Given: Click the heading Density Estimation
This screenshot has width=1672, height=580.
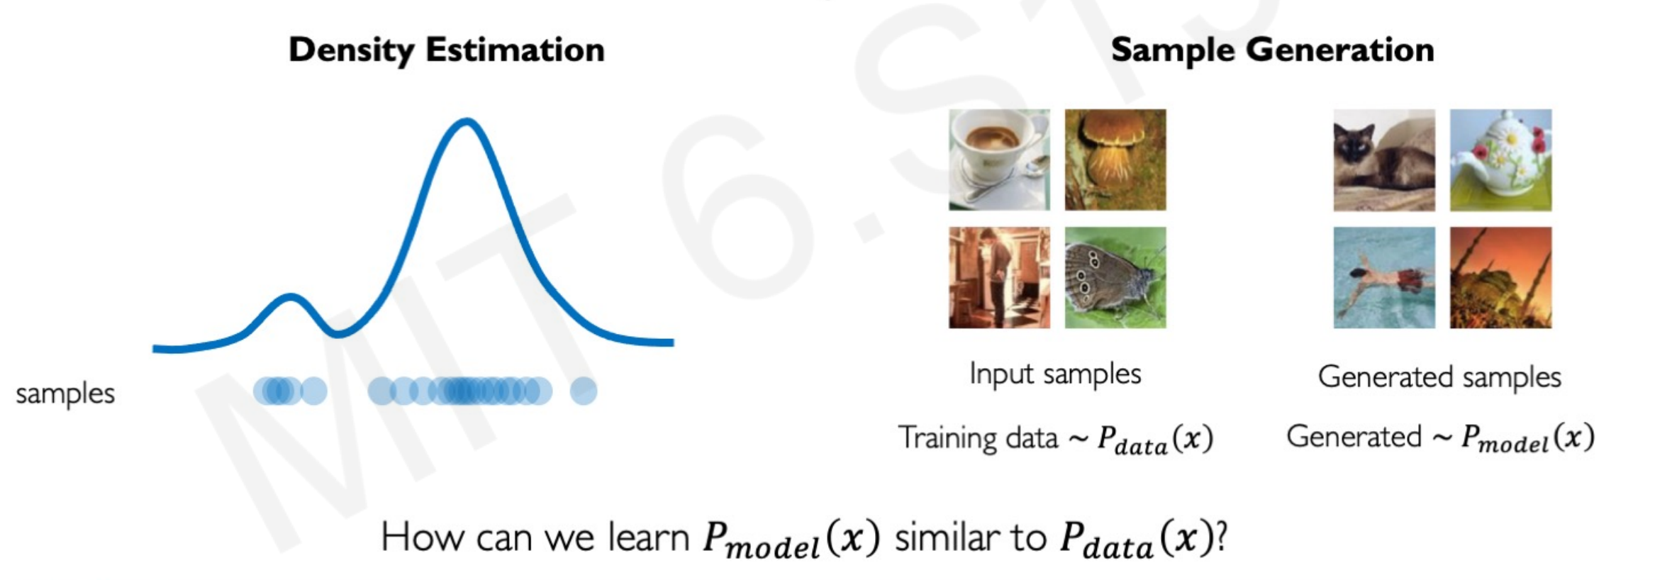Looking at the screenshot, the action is (447, 50).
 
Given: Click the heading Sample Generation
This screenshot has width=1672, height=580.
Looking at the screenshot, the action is (1272, 50).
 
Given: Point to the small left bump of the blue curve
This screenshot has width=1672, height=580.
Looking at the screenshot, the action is (289, 297).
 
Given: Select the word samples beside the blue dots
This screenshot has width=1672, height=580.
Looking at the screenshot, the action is (65, 394).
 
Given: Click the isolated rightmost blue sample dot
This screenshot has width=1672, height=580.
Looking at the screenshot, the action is (584, 391).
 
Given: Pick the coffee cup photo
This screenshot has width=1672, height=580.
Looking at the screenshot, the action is (999, 160).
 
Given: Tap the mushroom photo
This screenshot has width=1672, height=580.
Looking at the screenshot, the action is (1115, 160).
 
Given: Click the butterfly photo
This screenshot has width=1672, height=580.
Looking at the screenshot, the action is (1115, 277).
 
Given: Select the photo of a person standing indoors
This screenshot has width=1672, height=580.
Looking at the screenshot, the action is (999, 277).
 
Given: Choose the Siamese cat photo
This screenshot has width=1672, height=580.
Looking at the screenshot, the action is (1384, 160).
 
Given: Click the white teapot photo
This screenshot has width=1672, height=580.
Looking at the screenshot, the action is (1500, 160).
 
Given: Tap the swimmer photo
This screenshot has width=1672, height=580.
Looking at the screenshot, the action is (1384, 277).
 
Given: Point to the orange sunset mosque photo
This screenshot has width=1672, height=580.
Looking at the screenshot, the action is (1500, 277).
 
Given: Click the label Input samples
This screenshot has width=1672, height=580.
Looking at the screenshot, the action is (1055, 374).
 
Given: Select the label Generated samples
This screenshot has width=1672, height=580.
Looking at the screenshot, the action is (1439, 377).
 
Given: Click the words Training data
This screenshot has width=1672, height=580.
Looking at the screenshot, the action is (979, 437).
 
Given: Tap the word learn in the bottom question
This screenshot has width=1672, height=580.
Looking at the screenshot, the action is (649, 537).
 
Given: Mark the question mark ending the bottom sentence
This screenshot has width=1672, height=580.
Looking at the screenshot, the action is (1221, 537).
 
